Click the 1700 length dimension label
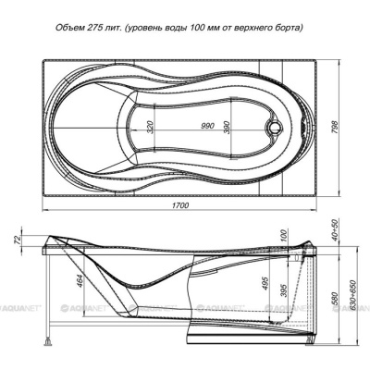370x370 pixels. tap(180, 205)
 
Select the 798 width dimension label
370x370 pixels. tap(335, 127)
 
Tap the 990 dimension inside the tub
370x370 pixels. tap(207, 126)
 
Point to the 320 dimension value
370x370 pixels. tap(150, 128)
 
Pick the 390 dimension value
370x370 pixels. tap(227, 127)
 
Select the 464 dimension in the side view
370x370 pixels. tap(80, 281)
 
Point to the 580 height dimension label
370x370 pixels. tap(335, 298)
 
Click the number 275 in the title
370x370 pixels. tap(92, 28)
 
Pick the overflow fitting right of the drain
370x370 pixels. tap(303, 127)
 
